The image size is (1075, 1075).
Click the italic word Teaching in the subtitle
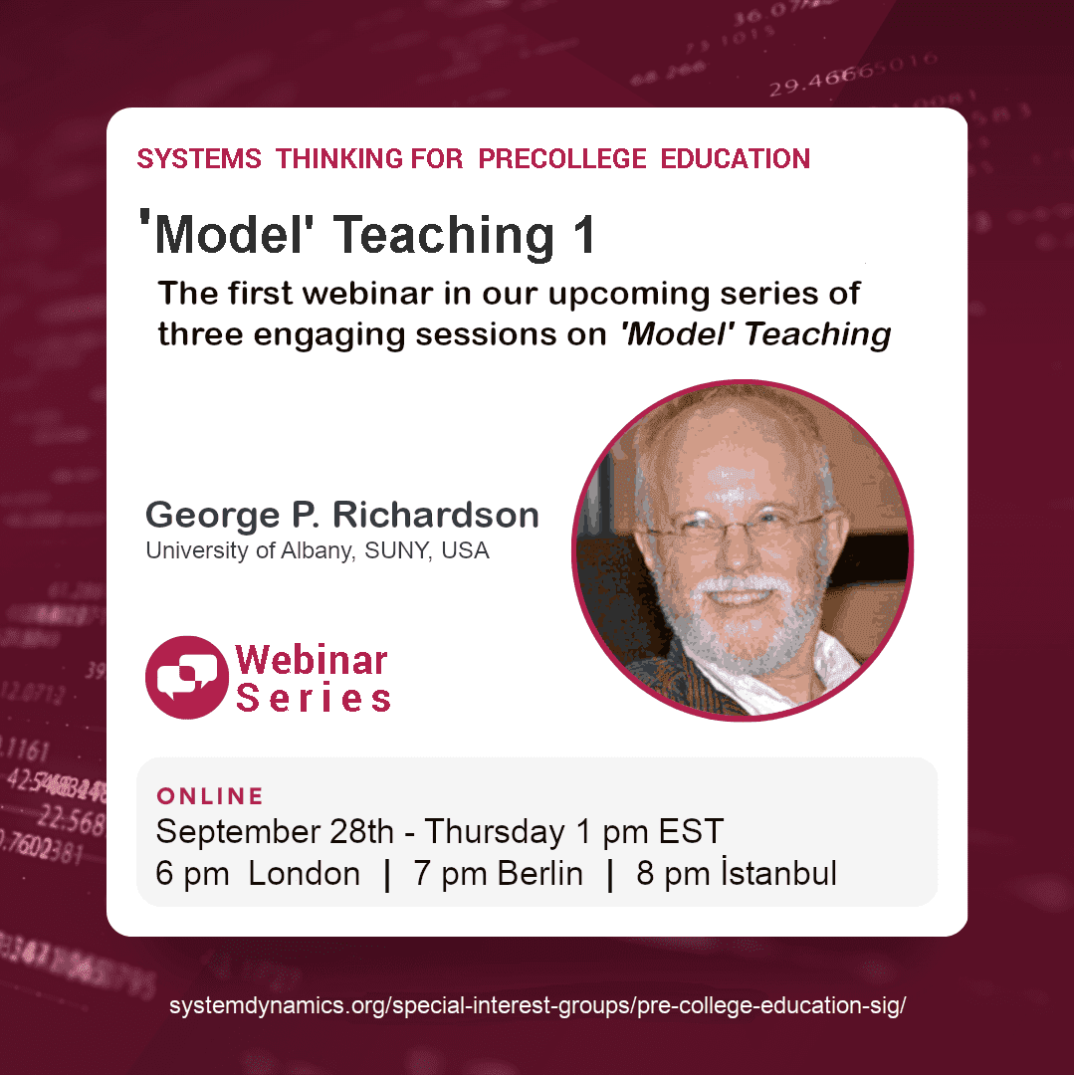click(x=817, y=334)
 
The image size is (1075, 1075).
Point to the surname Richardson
click(x=436, y=515)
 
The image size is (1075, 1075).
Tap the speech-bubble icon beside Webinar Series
click(x=186, y=677)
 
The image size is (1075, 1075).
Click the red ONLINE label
click(x=210, y=796)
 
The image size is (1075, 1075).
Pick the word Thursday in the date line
click(x=496, y=831)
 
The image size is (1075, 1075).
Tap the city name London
click(x=304, y=874)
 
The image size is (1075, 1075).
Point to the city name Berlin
click(x=539, y=874)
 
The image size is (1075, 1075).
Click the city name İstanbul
click(x=779, y=874)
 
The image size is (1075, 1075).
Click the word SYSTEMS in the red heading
click(x=199, y=159)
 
